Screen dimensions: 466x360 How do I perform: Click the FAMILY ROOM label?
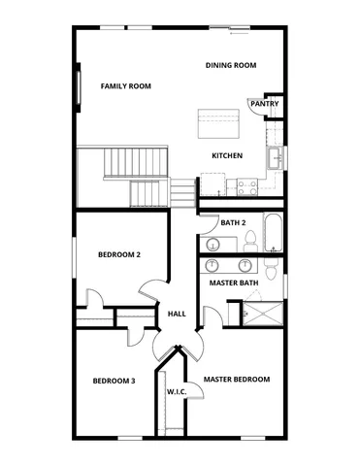point(127,86)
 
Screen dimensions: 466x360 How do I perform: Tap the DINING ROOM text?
point(230,65)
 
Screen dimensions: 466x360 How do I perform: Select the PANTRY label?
point(265,103)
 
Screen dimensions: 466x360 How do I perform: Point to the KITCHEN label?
point(227,156)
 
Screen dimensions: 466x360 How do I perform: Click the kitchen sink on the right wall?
point(277,157)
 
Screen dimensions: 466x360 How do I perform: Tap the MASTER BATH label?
point(234,283)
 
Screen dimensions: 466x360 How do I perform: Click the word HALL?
point(177,314)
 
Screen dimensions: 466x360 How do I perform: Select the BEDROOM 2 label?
point(119,254)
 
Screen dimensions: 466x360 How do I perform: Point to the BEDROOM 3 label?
point(114,381)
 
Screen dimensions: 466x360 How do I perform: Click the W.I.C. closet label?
point(177,392)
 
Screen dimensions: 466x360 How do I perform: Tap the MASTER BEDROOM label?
point(237,379)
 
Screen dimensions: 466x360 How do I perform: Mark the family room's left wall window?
point(77,89)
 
